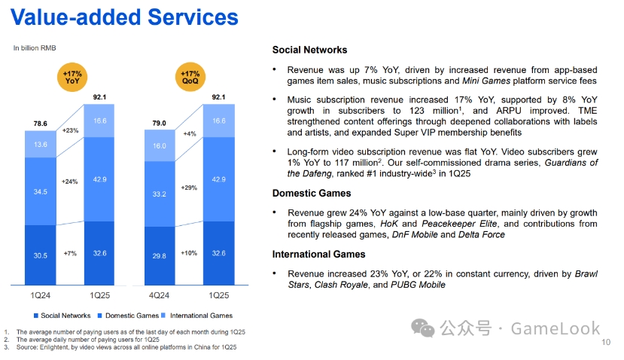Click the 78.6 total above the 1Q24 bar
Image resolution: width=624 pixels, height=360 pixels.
pyautogui.click(x=40, y=124)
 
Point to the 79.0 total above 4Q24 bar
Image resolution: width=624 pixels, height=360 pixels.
pyautogui.click(x=160, y=123)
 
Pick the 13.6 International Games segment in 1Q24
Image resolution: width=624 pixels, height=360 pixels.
pyautogui.click(x=41, y=145)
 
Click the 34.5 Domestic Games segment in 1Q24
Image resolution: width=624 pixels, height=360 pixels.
pyautogui.click(x=41, y=192)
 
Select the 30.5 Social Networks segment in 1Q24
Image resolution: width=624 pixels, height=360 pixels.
pyautogui.click(x=41, y=255)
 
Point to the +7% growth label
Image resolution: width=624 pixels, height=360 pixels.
pyautogui.click(x=70, y=253)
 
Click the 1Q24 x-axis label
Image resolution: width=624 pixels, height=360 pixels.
pyautogui.click(x=41, y=294)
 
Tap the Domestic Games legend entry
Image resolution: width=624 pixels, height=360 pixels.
pyautogui.click(x=130, y=316)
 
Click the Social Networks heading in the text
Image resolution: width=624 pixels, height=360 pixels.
pyautogui.click(x=309, y=50)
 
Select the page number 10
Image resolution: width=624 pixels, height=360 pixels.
pyautogui.click(x=607, y=344)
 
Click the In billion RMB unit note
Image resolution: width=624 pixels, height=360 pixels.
pyautogui.click(x=35, y=48)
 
